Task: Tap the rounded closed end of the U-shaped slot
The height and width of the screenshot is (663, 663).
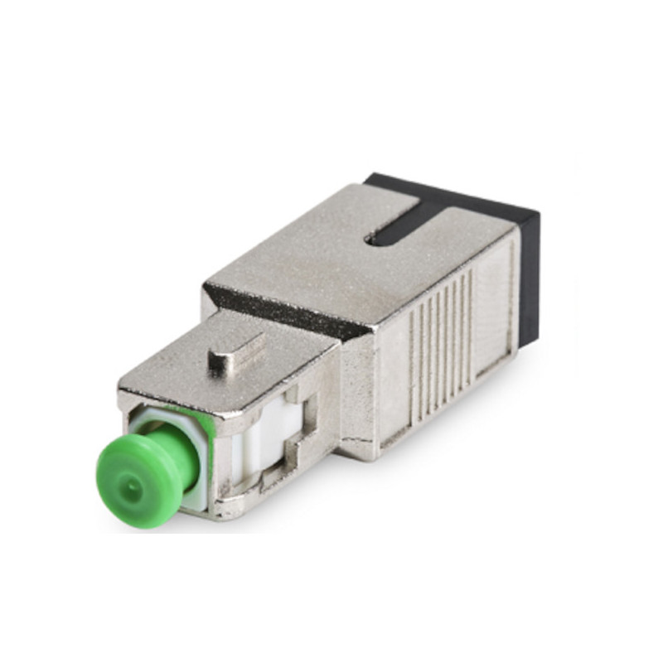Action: tap(383, 235)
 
